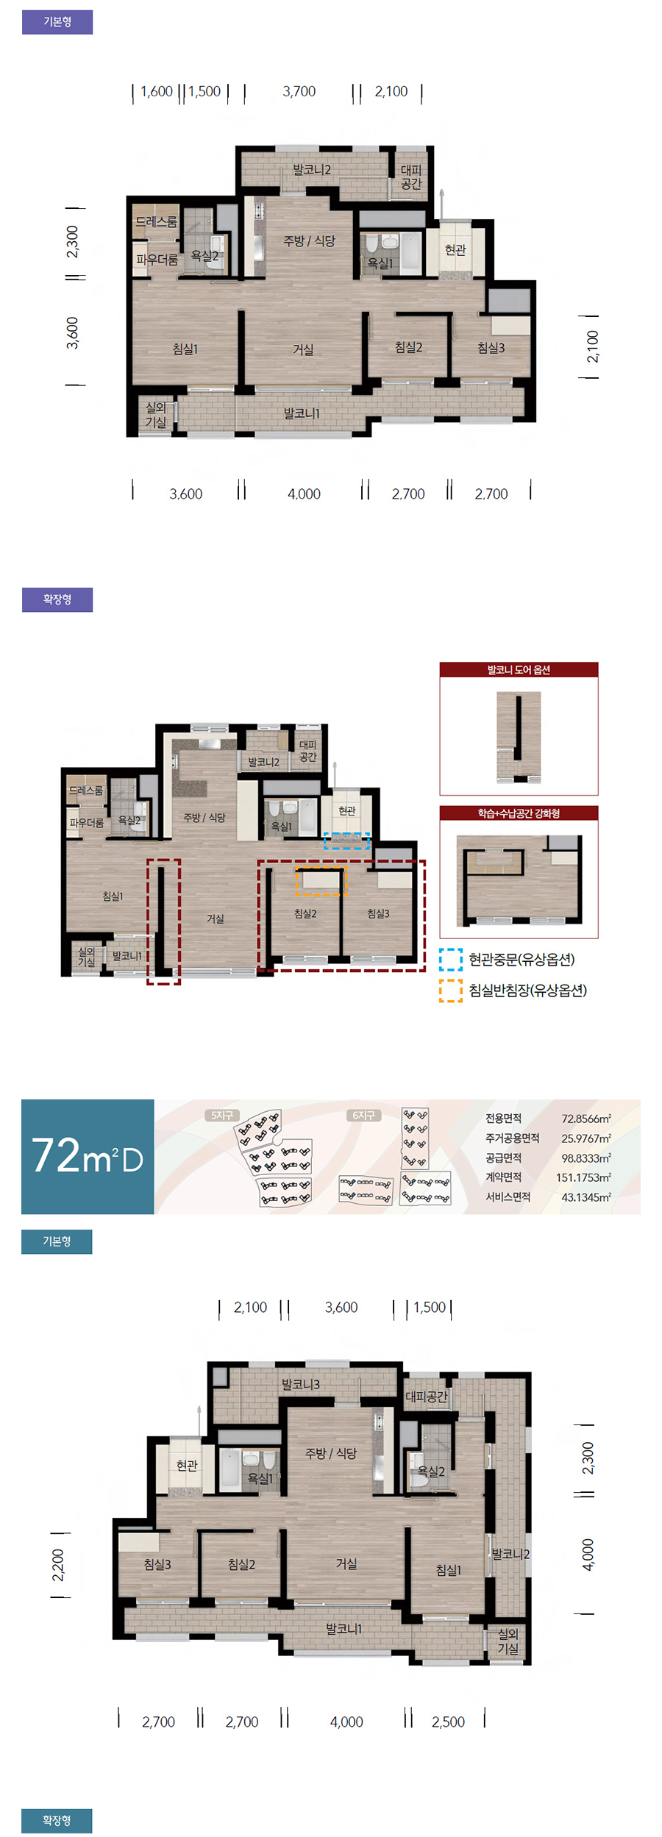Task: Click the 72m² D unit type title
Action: (x=88, y=1156)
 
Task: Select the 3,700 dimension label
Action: (x=299, y=92)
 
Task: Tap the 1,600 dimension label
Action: (x=157, y=92)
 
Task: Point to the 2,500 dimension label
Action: (x=448, y=1722)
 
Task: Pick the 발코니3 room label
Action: (x=301, y=1384)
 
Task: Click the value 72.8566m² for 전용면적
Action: (x=586, y=1119)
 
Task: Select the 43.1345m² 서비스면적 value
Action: (x=586, y=1197)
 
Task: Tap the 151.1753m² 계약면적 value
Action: (x=583, y=1177)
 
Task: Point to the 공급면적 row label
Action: (x=503, y=1158)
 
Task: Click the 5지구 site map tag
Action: (x=221, y=1116)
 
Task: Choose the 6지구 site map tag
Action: (x=363, y=1116)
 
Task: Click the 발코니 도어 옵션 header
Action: (x=519, y=670)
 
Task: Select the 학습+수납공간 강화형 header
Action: (x=519, y=813)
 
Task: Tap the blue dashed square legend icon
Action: (x=451, y=960)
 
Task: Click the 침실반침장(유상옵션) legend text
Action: (x=527, y=991)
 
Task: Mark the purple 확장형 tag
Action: (x=57, y=599)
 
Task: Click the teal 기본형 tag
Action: (x=57, y=1241)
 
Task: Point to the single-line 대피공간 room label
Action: (x=427, y=1396)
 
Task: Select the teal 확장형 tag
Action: (x=57, y=1821)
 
